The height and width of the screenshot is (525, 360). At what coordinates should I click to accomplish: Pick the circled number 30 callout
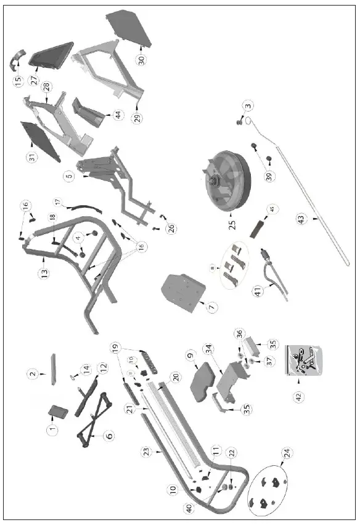142,60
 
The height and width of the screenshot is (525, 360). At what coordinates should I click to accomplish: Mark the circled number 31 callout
31,157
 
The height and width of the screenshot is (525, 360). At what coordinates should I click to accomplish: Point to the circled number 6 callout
108,436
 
